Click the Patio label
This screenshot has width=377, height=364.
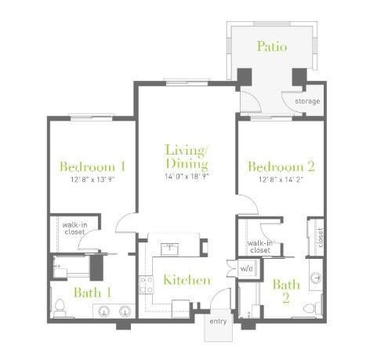[x=272, y=46]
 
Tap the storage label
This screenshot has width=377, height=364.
[x=307, y=101]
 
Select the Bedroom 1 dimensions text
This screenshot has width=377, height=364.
[x=92, y=180]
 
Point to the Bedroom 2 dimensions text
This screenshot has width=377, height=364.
[x=281, y=180]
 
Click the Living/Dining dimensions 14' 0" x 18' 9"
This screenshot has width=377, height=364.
[x=187, y=177]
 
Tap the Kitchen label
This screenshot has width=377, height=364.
[x=187, y=280]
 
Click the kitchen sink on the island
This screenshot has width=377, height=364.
[x=169, y=249]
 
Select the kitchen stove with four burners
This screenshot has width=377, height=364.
[x=146, y=285]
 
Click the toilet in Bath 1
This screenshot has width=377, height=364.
[x=60, y=308]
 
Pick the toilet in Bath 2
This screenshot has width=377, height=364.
[x=313, y=308]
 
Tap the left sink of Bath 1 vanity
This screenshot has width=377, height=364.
[x=103, y=311]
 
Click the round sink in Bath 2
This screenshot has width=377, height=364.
[x=316, y=278]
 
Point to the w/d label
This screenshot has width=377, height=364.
[x=246, y=268]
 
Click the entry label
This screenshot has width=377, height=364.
[x=218, y=322]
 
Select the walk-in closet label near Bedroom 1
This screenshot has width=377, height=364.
[x=74, y=228]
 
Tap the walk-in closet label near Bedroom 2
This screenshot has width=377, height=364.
[x=260, y=246]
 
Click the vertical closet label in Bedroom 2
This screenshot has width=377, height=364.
[x=321, y=238]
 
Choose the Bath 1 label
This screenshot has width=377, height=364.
[x=93, y=293]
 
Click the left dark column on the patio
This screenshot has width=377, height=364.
[x=245, y=77]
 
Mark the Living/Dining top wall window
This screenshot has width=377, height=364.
[x=187, y=82]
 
